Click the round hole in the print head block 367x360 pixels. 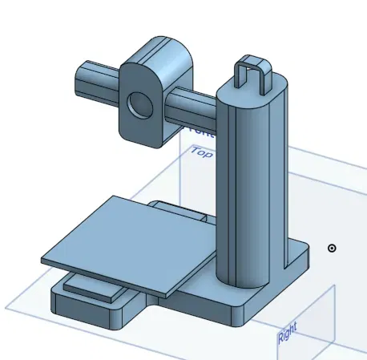(141, 104)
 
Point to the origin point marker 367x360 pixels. (332, 248)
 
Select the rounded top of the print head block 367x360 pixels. (160, 48)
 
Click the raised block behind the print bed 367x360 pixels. (188, 211)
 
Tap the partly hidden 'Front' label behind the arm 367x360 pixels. (192, 127)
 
